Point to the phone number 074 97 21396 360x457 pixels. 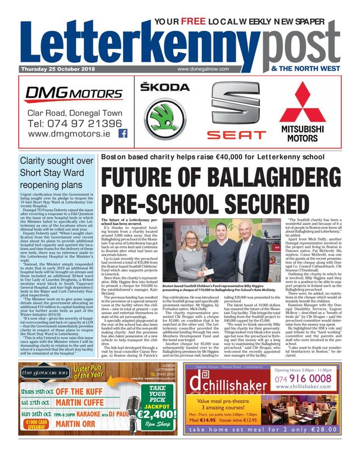(74, 123)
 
